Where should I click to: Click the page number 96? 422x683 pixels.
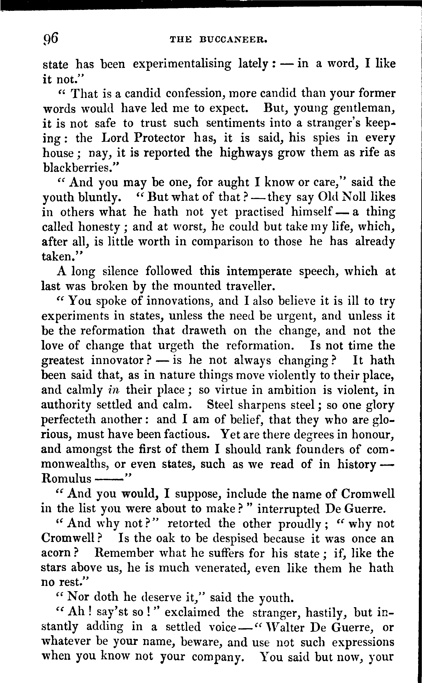[51, 38]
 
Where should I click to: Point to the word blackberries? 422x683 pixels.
[80, 167]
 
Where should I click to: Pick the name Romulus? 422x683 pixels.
[66, 479]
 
